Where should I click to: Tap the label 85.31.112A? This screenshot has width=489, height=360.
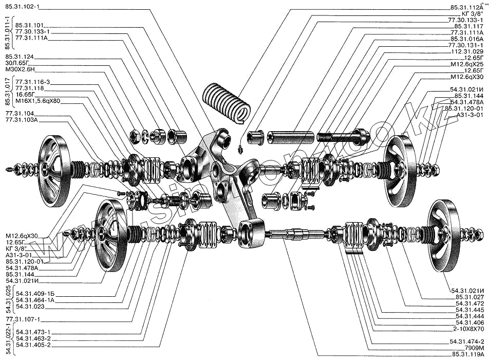tap(467, 8)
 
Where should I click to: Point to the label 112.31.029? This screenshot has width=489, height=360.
tap(467, 52)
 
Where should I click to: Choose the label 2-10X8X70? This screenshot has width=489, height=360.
tap(467, 328)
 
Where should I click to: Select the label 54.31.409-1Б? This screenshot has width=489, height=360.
tap(34, 294)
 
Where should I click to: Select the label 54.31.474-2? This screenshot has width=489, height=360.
tap(467, 341)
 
